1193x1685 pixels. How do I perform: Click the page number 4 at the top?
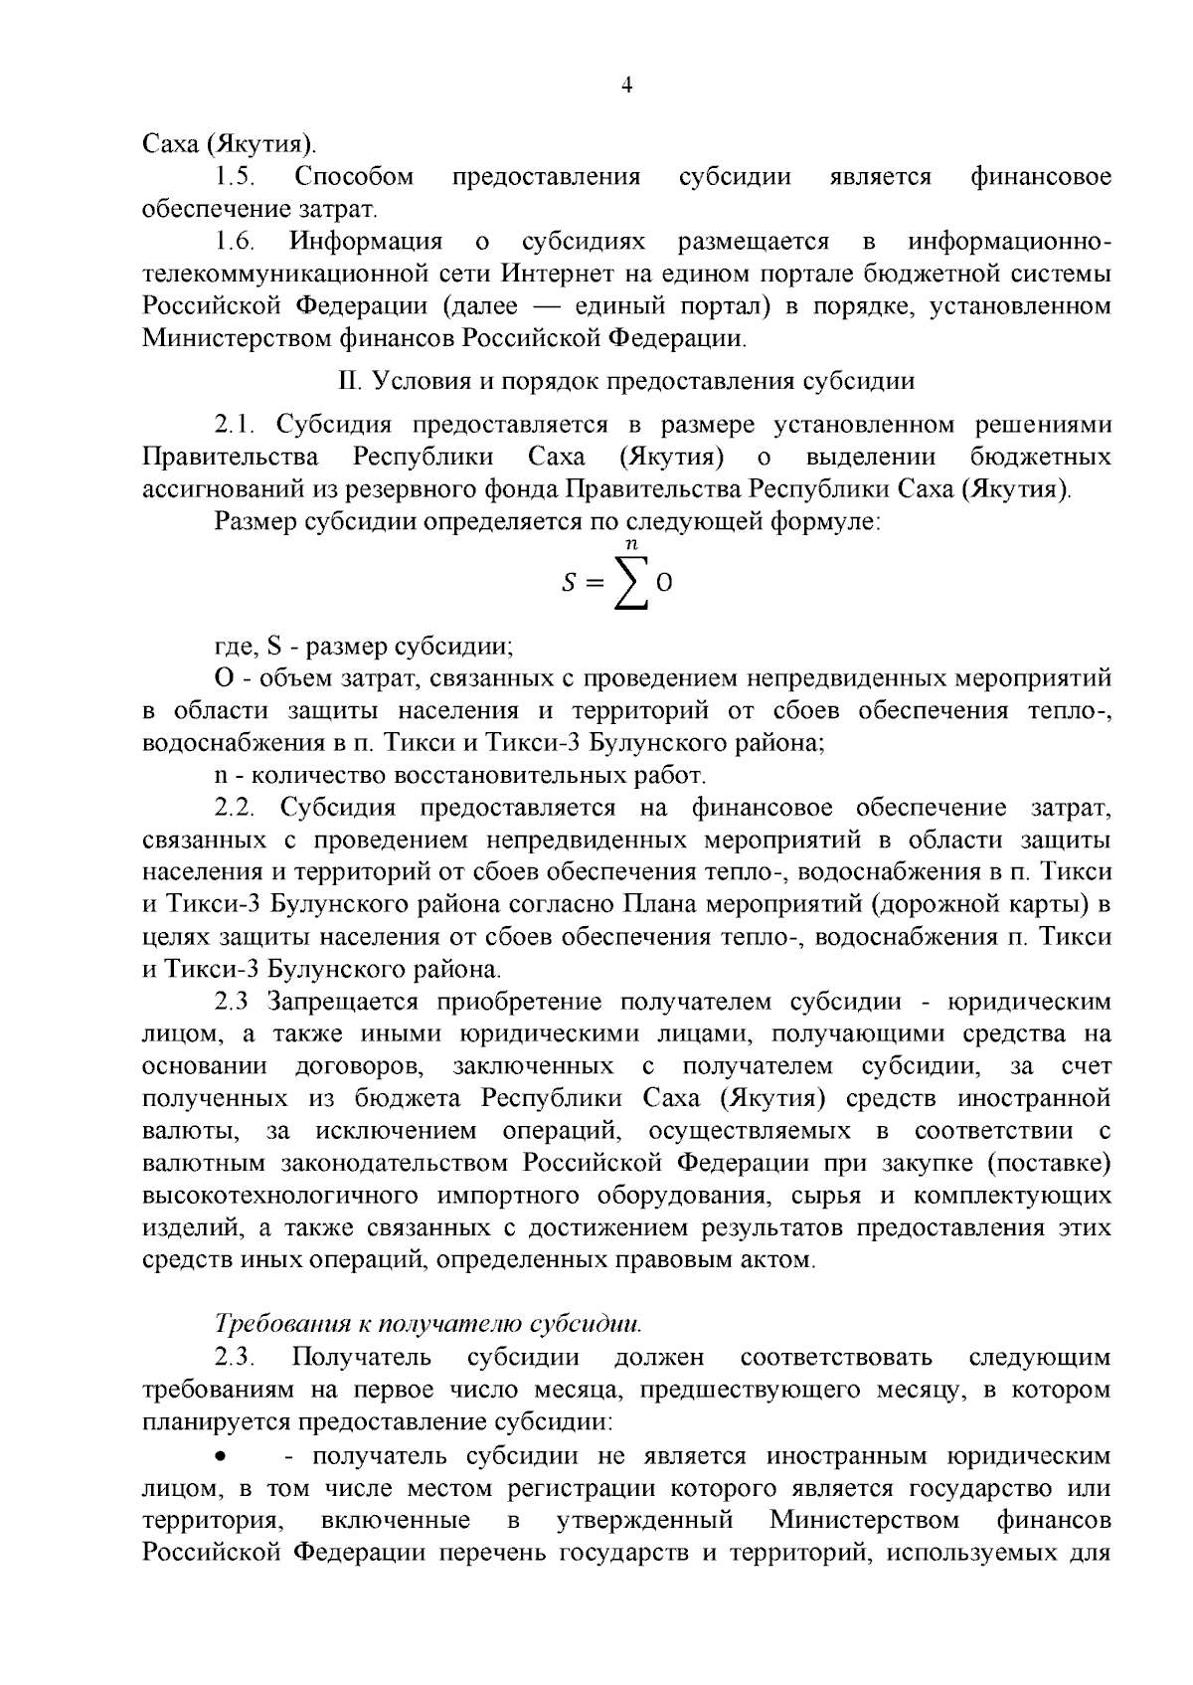tap(626, 86)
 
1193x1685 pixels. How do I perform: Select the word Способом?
tap(354, 178)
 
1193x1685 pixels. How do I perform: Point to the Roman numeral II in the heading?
tap(346, 381)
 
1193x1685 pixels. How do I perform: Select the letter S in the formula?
tap(569, 585)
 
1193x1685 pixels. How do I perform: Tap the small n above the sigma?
tap(630, 542)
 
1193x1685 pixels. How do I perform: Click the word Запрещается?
tap(345, 1002)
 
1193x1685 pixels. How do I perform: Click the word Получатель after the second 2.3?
tap(361, 1358)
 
